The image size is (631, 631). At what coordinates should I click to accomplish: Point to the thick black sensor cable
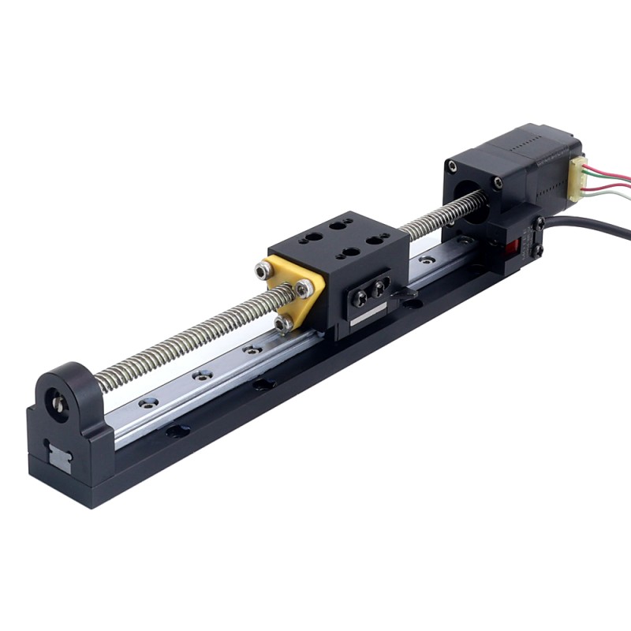click(x=599, y=228)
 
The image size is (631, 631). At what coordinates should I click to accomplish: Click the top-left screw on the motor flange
click(x=451, y=166)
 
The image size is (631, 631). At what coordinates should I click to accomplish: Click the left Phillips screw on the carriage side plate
click(x=360, y=297)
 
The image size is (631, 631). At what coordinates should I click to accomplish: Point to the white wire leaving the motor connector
click(x=611, y=184)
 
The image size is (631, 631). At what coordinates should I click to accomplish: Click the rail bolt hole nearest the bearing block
click(x=144, y=403)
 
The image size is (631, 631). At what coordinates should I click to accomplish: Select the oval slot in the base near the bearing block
click(x=177, y=431)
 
